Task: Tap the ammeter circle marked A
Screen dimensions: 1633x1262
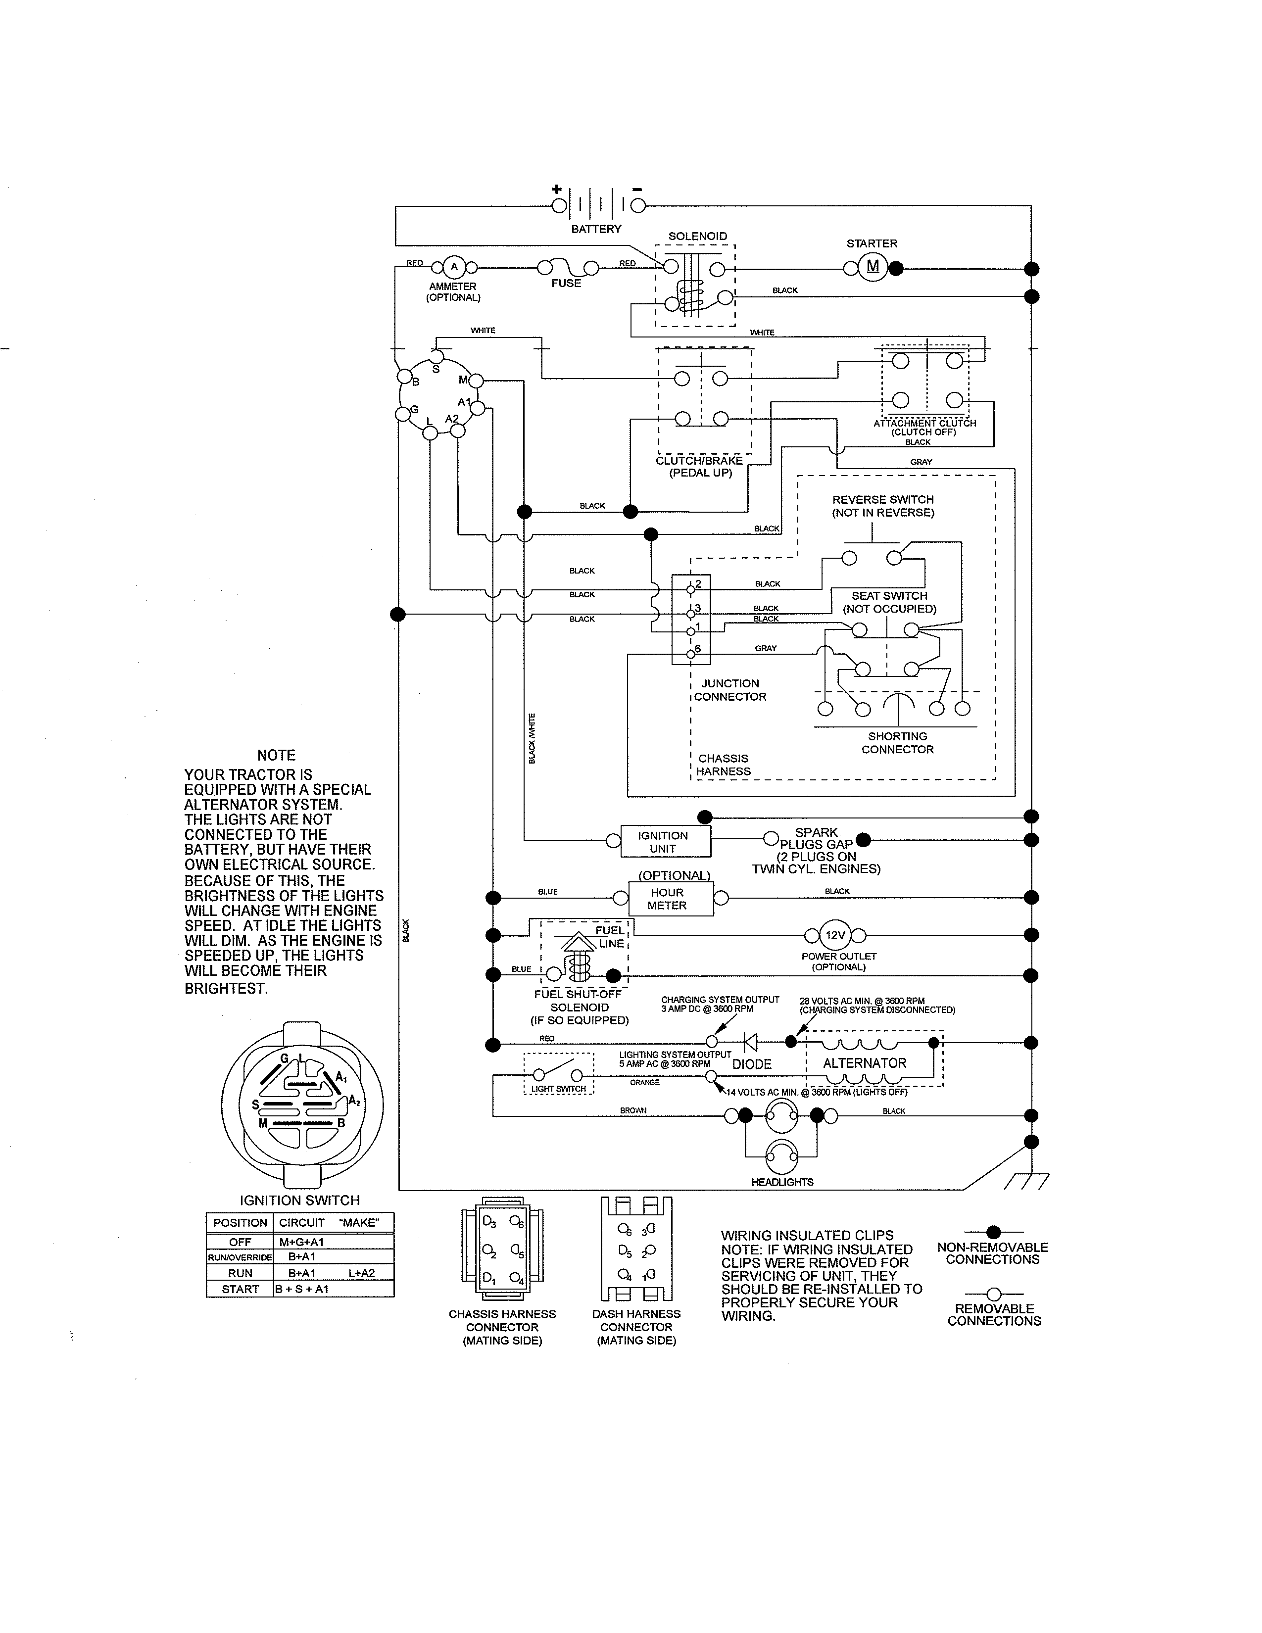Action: point(454,267)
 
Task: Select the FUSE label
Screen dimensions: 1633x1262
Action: point(566,284)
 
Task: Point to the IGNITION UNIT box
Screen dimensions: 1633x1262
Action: point(665,842)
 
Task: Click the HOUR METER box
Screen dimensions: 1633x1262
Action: point(671,899)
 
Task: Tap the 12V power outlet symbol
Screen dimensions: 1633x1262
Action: point(835,935)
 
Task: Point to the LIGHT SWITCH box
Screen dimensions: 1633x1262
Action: point(558,1074)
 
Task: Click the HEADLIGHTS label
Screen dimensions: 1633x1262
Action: point(782,1182)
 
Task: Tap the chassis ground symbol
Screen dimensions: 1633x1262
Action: point(1028,1181)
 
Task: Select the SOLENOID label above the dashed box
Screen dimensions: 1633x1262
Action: point(697,236)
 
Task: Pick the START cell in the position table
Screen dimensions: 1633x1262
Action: point(240,1289)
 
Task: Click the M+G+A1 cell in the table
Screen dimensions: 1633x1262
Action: point(301,1242)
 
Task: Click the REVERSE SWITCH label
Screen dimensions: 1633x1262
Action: point(883,499)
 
